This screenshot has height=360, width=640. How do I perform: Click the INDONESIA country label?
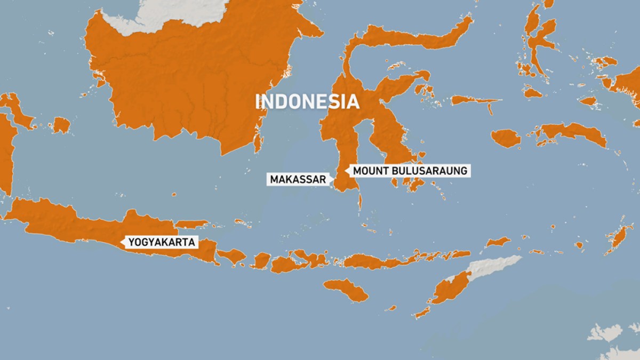[x=307, y=102]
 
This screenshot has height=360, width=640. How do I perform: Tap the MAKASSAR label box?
[x=298, y=180]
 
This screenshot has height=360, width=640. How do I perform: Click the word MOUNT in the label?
[x=369, y=171]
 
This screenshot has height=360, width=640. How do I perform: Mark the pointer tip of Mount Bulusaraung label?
[x=346, y=171]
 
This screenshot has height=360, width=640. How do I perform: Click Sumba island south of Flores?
[x=346, y=290]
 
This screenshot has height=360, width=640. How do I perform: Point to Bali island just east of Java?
[x=231, y=257]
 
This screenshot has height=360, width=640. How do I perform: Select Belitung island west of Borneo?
[x=61, y=125]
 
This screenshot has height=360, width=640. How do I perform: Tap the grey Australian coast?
[x=605, y=333]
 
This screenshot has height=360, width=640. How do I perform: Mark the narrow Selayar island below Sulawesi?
[x=359, y=202]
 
